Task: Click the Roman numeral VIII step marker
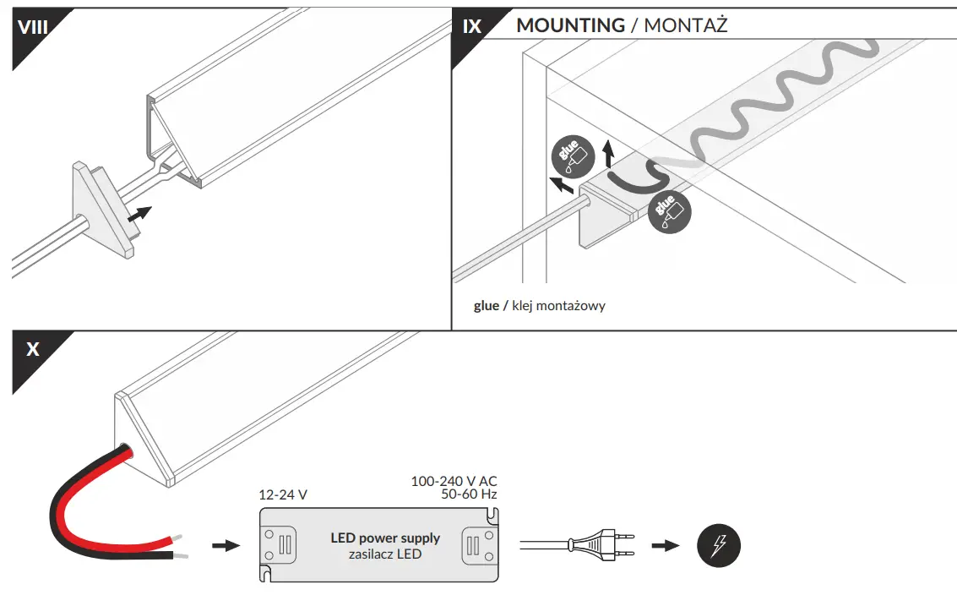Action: pyautogui.click(x=32, y=26)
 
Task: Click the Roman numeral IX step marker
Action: pyautogui.click(x=471, y=26)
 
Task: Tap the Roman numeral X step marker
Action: pyautogui.click(x=32, y=349)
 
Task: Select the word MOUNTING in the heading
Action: pyautogui.click(x=570, y=25)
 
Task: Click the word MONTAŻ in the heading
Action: pyautogui.click(x=686, y=25)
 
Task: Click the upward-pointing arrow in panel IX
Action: pyautogui.click(x=609, y=155)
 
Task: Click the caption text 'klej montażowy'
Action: pyautogui.click(x=558, y=306)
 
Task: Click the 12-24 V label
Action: pyautogui.click(x=282, y=494)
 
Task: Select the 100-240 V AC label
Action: pyautogui.click(x=454, y=481)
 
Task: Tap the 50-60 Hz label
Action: pyautogui.click(x=469, y=494)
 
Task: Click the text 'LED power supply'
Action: pyautogui.click(x=384, y=538)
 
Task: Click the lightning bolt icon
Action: pyautogui.click(x=718, y=545)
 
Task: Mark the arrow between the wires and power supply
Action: pyautogui.click(x=225, y=546)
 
